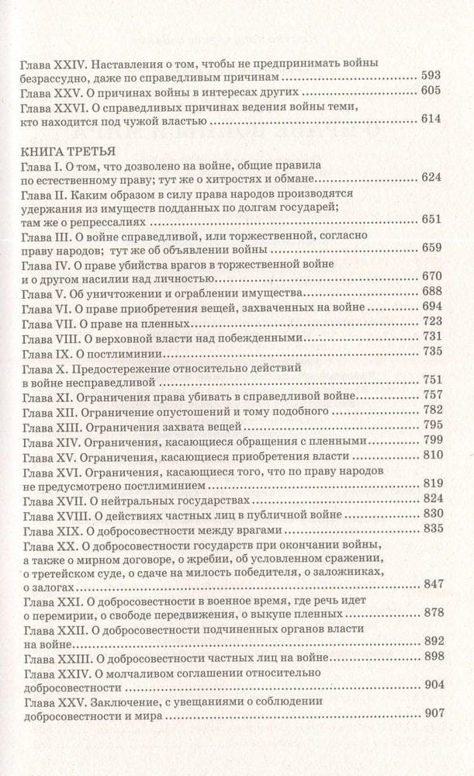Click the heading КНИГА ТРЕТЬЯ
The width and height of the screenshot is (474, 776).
pos(69,150)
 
